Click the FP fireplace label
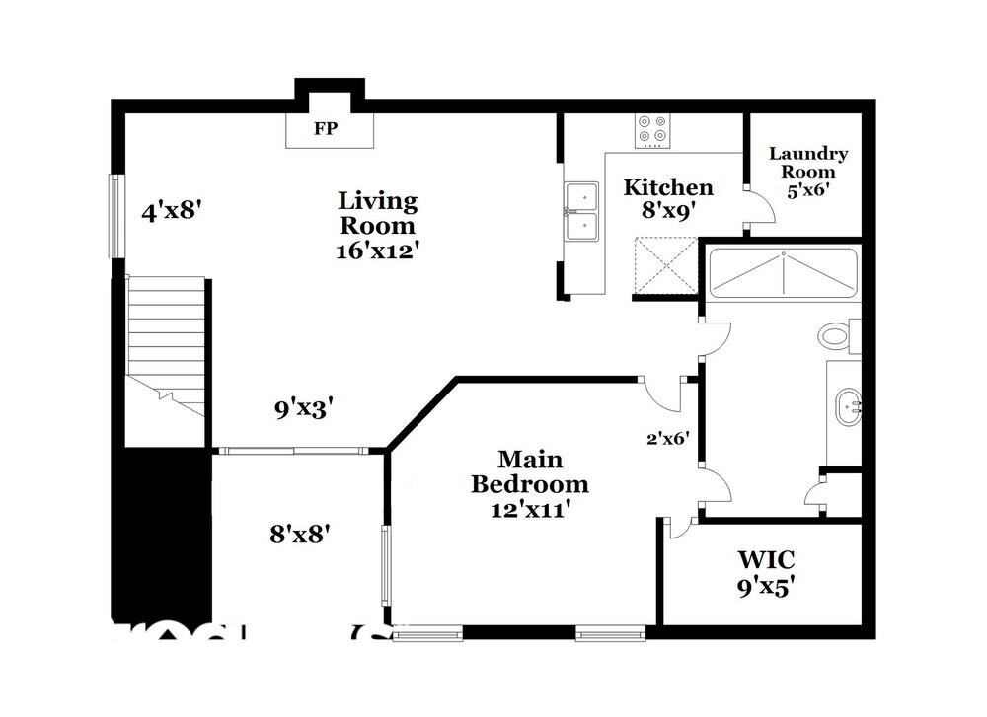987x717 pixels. click(x=325, y=129)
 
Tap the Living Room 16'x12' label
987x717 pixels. click(x=378, y=226)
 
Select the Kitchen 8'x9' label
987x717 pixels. click(x=668, y=198)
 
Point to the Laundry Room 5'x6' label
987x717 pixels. click(x=807, y=172)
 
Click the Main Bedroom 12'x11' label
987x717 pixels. click(x=529, y=483)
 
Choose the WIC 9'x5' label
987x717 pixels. click(x=767, y=573)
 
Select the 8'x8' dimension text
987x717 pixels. click(x=299, y=534)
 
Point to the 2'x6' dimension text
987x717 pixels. click(x=667, y=438)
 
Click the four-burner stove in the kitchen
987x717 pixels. click(x=651, y=130)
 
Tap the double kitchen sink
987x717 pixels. click(x=582, y=211)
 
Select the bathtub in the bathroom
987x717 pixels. click(x=784, y=272)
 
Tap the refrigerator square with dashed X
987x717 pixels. click(x=664, y=264)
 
